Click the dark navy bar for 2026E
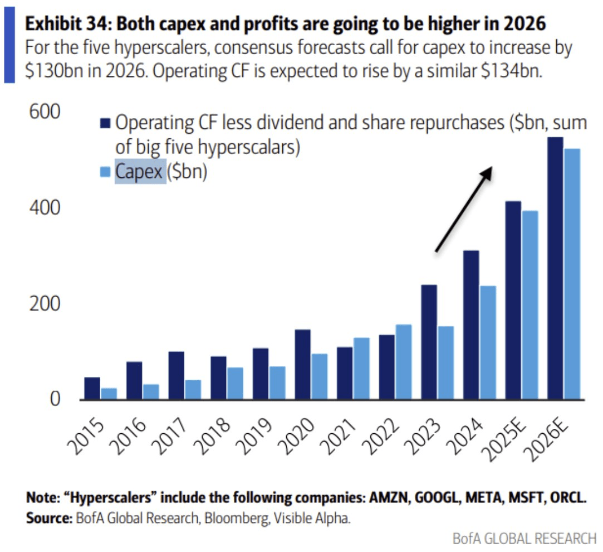555,268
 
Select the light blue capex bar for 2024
488,342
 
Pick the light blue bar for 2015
109,394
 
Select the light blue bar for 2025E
530,305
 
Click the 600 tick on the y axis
43,112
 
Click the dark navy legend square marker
106,123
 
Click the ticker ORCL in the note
568,497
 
